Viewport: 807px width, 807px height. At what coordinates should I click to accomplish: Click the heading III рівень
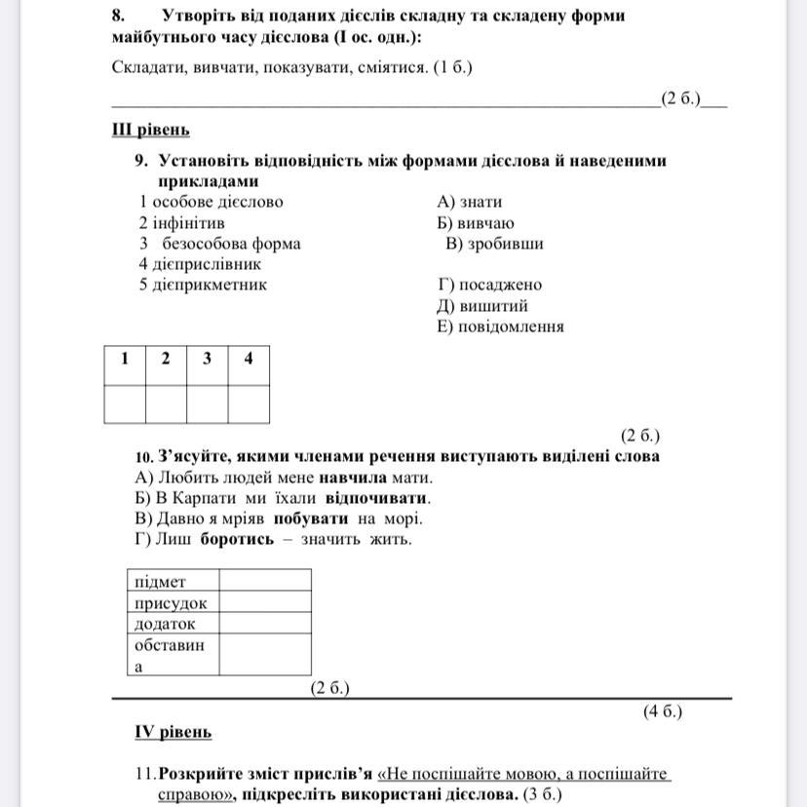pyautogui.click(x=151, y=130)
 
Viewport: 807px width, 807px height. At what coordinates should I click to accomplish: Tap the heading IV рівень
pyautogui.click(x=173, y=731)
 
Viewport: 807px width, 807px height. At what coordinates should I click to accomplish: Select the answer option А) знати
pyautogui.click(x=470, y=202)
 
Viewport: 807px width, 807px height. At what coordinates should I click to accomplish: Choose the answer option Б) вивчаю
pyautogui.click(x=477, y=223)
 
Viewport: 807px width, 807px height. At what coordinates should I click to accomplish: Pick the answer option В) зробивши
pyautogui.click(x=494, y=244)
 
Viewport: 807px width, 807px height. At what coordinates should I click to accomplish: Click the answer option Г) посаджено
pyautogui.click(x=490, y=285)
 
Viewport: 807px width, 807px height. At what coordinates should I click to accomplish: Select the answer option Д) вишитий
pyautogui.click(x=483, y=306)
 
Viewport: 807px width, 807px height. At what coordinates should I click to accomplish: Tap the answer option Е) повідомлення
pyautogui.click(x=501, y=327)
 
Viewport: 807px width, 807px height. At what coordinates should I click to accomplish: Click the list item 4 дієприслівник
pyautogui.click(x=200, y=264)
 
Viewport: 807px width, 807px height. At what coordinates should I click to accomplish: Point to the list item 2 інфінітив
pyautogui.click(x=182, y=223)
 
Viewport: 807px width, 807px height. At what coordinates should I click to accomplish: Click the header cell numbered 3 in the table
pyautogui.click(x=208, y=359)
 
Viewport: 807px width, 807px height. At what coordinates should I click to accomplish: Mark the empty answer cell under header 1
pyautogui.click(x=125, y=403)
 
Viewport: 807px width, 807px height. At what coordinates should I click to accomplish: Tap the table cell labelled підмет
pyautogui.click(x=173, y=581)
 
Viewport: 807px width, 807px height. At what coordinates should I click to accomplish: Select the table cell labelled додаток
pyautogui.click(x=173, y=624)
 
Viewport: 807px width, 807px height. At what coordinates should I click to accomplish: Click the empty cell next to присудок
pyautogui.click(x=265, y=602)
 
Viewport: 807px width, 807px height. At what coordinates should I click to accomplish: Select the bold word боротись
pyautogui.click(x=237, y=539)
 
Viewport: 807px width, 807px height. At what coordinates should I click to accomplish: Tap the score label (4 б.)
pyautogui.click(x=663, y=711)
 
